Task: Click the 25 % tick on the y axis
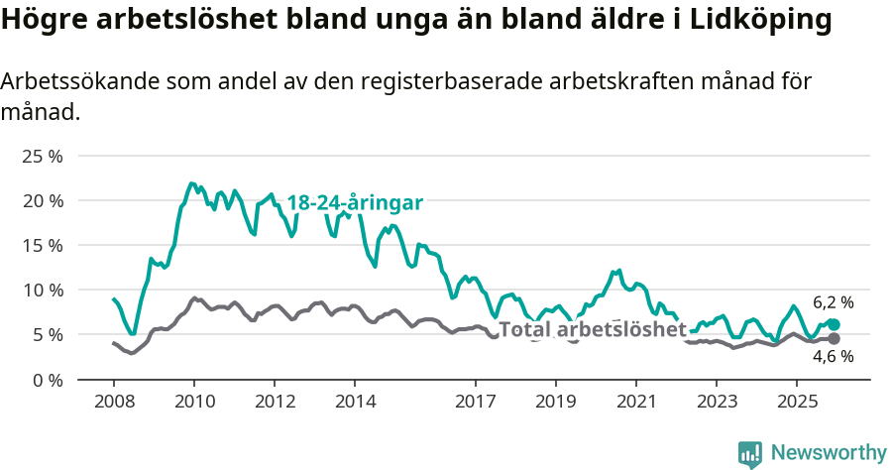43,156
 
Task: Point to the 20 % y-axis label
43,200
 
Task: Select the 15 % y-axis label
43,245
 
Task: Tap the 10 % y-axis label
43,290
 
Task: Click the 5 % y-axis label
47,334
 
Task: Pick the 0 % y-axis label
47,379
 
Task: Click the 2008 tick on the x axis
114,402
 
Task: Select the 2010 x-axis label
194,402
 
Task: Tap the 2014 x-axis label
355,402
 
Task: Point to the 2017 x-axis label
475,402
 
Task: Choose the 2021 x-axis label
635,402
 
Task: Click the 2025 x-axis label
796,402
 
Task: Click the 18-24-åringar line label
355,202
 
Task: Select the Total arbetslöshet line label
592,329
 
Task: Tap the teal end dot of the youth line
834,324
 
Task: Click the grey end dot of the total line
834,338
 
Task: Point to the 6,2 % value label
833,302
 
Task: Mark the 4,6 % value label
833,357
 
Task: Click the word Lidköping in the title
759,20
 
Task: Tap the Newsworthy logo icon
750,453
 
